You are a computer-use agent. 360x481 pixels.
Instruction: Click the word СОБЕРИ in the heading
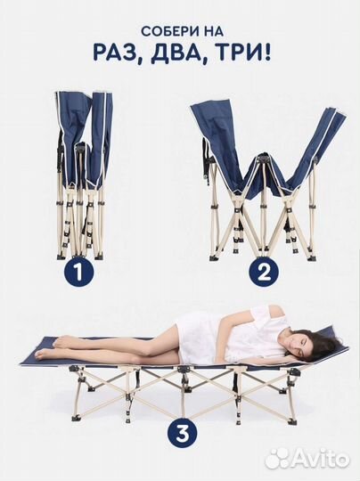point(168,32)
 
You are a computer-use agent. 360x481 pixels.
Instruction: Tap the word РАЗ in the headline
point(116,53)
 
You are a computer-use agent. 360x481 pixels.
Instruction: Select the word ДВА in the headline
point(176,53)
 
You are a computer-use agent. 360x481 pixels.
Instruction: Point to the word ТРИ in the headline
point(235,53)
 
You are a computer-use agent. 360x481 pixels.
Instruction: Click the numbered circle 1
point(78,273)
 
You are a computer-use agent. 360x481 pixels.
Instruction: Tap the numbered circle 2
point(265,273)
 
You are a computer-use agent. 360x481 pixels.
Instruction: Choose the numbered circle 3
point(182,435)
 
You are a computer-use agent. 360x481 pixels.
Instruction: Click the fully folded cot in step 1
point(83,175)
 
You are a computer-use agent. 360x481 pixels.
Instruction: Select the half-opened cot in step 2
point(267,181)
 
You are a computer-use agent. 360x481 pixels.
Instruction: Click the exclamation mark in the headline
point(267,53)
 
